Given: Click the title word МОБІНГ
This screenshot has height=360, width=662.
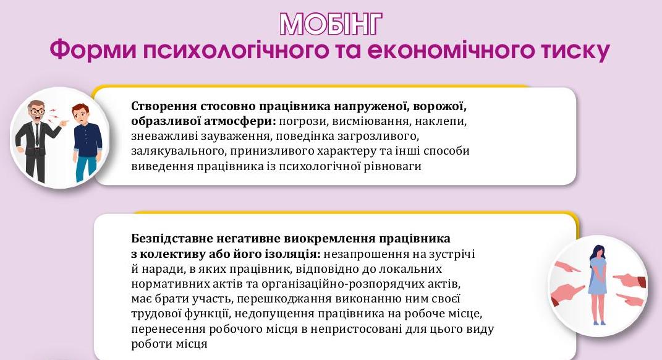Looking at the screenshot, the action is (x=331, y=24).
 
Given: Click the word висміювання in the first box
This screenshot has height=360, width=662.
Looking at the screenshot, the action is (x=370, y=121).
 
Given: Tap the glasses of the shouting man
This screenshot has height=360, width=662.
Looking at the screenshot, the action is (x=38, y=111).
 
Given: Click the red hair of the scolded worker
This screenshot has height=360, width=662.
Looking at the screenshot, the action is (x=80, y=109).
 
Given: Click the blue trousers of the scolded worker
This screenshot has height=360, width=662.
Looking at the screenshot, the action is (x=85, y=166).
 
